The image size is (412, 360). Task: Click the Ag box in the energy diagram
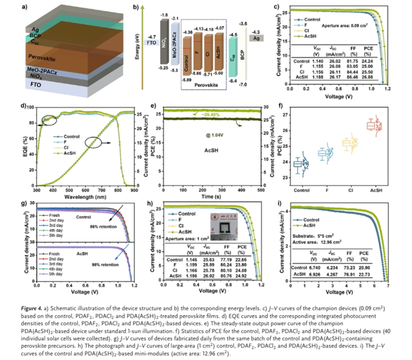click(x=255, y=37)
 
